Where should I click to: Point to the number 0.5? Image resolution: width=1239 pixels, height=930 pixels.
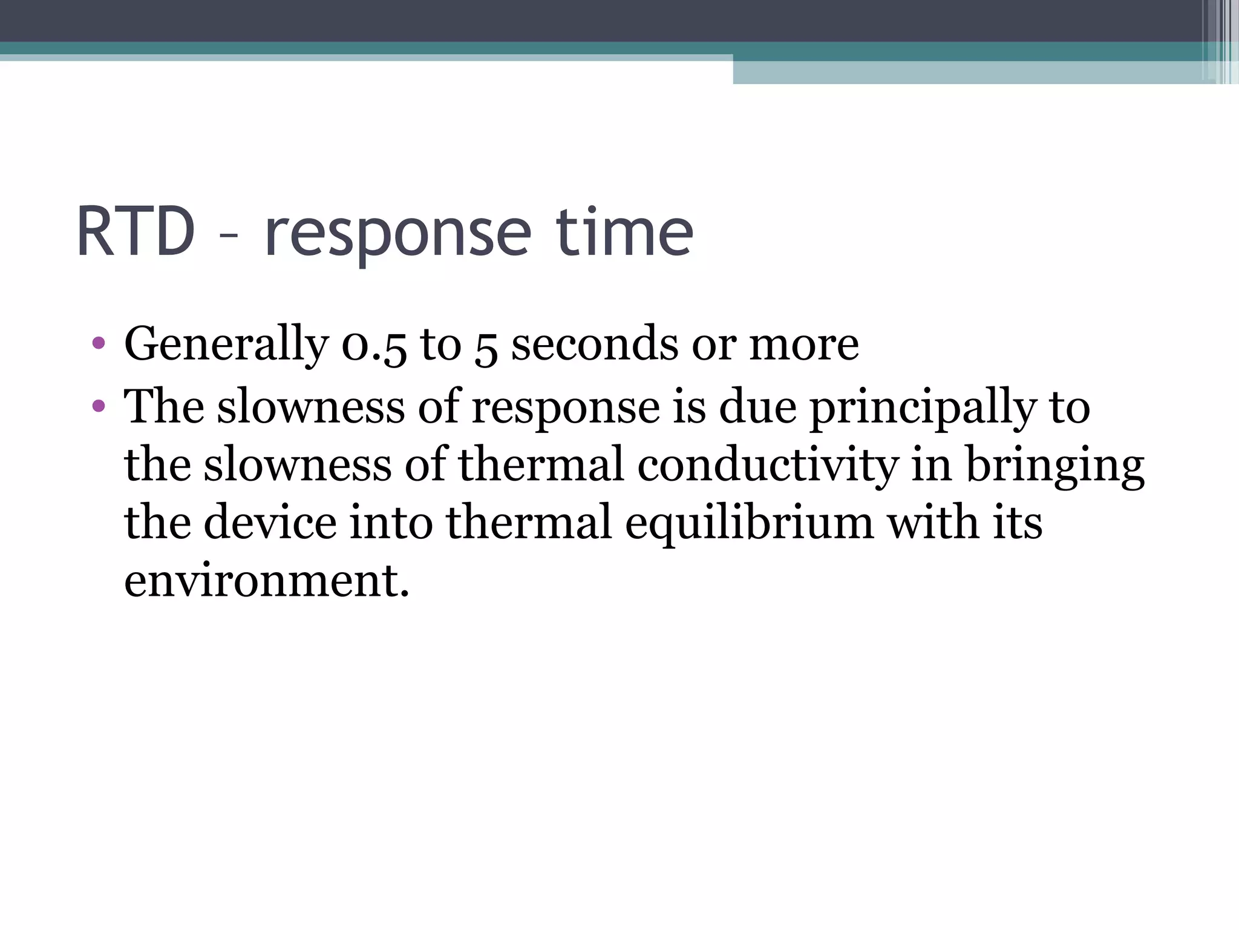coord(374,345)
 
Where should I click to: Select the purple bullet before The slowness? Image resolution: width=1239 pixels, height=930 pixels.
coord(99,405)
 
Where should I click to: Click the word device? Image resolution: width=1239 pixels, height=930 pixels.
coord(270,523)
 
